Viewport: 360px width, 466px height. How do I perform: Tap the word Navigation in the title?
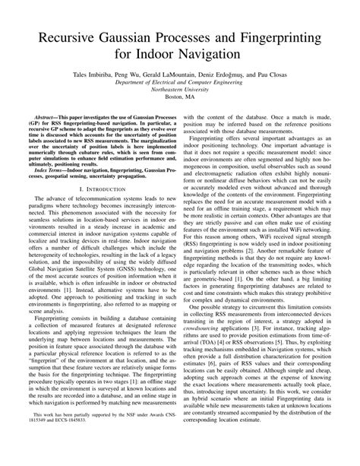(204, 56)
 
